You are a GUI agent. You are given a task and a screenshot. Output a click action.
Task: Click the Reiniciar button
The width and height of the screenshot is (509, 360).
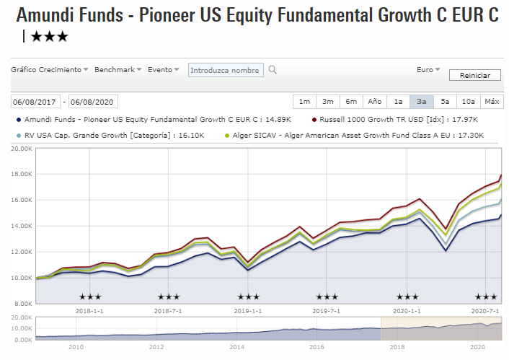click(474, 75)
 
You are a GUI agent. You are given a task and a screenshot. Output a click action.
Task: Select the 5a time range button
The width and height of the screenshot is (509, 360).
click(445, 102)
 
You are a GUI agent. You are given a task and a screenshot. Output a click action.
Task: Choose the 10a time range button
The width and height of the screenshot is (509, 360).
click(468, 102)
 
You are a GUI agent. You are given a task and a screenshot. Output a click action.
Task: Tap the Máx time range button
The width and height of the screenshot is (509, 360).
click(492, 102)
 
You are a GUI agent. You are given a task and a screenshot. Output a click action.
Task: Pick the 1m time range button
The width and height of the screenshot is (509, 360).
click(304, 102)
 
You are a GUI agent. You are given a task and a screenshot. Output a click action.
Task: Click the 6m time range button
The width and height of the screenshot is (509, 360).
click(351, 102)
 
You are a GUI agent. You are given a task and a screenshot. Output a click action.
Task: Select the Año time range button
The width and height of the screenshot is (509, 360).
click(374, 102)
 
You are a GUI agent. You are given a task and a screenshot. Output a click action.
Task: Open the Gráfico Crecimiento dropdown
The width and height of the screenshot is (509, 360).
click(50, 70)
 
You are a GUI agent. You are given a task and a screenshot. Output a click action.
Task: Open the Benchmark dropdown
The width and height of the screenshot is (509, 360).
click(118, 70)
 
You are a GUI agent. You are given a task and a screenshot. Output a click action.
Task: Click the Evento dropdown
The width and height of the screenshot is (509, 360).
click(164, 70)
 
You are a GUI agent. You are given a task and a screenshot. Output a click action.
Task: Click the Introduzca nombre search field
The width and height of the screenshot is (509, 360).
click(225, 70)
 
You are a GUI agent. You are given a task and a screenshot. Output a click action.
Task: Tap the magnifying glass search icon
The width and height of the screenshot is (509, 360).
click(272, 70)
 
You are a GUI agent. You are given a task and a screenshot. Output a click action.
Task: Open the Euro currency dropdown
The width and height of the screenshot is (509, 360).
click(428, 70)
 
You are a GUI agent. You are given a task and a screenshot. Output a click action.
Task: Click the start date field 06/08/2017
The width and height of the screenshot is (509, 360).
click(35, 102)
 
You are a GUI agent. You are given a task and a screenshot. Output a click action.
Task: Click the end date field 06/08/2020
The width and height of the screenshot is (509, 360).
click(93, 102)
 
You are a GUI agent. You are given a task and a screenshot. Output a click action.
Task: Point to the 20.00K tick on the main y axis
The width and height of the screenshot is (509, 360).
click(20, 149)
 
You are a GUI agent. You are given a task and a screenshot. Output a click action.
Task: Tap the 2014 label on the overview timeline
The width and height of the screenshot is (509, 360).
click(236, 347)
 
